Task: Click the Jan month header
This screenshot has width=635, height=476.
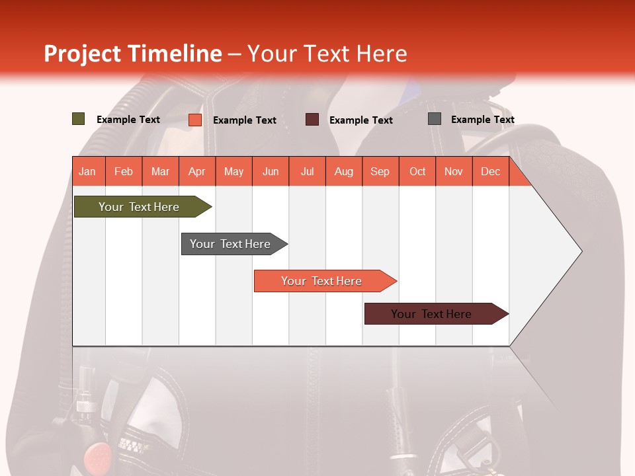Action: coord(88,171)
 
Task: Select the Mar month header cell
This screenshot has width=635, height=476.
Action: coord(160,171)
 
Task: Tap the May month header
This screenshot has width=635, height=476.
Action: coord(233,171)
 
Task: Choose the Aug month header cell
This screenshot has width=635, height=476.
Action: coord(343,171)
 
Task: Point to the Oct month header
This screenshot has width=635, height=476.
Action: coord(417,171)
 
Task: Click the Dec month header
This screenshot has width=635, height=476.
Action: coord(490,171)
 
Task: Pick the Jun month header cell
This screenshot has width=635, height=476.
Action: coord(271,171)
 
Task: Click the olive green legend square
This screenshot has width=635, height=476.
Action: coord(79,119)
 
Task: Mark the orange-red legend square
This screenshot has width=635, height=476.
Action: coord(195,120)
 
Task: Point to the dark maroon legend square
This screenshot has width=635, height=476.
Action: coord(312,119)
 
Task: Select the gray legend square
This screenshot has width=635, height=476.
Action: coord(435,119)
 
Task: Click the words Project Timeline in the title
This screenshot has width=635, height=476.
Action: coord(132,54)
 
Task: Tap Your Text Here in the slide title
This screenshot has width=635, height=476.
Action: coord(327,54)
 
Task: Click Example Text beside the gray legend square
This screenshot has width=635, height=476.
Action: coord(482,120)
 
